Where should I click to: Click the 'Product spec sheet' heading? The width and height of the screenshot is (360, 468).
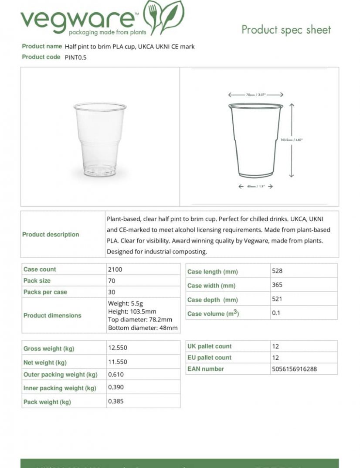pyautogui.click(x=286, y=30)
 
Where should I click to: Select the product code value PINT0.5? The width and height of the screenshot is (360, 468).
pyautogui.click(x=76, y=57)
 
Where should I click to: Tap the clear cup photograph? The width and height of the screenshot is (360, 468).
pyautogui.click(x=100, y=139)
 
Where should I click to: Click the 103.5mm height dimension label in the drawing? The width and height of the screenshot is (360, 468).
pyautogui.click(x=291, y=140)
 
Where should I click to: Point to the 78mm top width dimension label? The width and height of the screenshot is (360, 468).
pyautogui.click(x=255, y=95)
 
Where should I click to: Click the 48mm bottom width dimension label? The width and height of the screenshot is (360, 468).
pyautogui.click(x=255, y=187)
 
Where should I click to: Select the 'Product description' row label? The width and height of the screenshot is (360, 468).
pyautogui.click(x=51, y=235)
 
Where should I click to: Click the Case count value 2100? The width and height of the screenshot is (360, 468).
pyautogui.click(x=115, y=270)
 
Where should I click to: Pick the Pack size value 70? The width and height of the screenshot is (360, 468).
pyautogui.click(x=112, y=281)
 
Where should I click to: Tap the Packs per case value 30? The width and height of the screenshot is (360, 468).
pyautogui.click(x=112, y=292)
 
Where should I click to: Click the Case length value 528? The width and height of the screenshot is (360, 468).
pyautogui.click(x=277, y=271)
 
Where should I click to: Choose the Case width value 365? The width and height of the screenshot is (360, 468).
pyautogui.click(x=277, y=285)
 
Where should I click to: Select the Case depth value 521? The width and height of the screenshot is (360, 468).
pyautogui.click(x=277, y=299)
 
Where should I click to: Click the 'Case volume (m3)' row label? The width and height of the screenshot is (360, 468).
pyautogui.click(x=213, y=314)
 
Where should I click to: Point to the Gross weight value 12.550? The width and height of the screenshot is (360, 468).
pyautogui.click(x=118, y=348)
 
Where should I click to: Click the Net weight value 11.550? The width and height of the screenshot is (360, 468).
pyautogui.click(x=118, y=362)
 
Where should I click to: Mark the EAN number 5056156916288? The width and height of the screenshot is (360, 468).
pyautogui.click(x=294, y=369)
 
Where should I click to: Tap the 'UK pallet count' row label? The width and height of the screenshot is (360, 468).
pyautogui.click(x=210, y=346)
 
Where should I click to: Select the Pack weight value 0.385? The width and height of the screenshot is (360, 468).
pyautogui.click(x=116, y=401)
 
